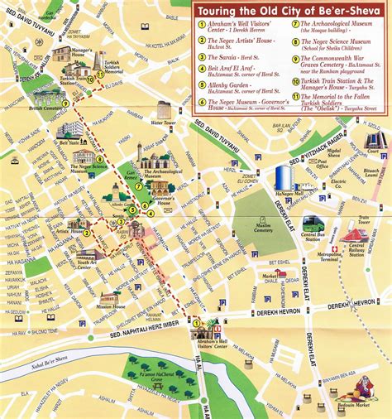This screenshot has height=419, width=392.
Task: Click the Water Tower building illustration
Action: [x=164, y=109]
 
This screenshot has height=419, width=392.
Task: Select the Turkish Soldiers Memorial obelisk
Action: [x=97, y=61]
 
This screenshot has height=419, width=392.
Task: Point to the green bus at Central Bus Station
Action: [x=312, y=224]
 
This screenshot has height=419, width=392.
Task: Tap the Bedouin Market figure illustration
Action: [x=362, y=387]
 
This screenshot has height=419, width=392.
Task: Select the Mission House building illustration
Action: [x=110, y=298]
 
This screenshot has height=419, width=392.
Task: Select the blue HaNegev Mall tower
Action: [x=284, y=178]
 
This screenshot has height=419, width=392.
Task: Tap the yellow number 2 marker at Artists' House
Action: [x=86, y=233]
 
